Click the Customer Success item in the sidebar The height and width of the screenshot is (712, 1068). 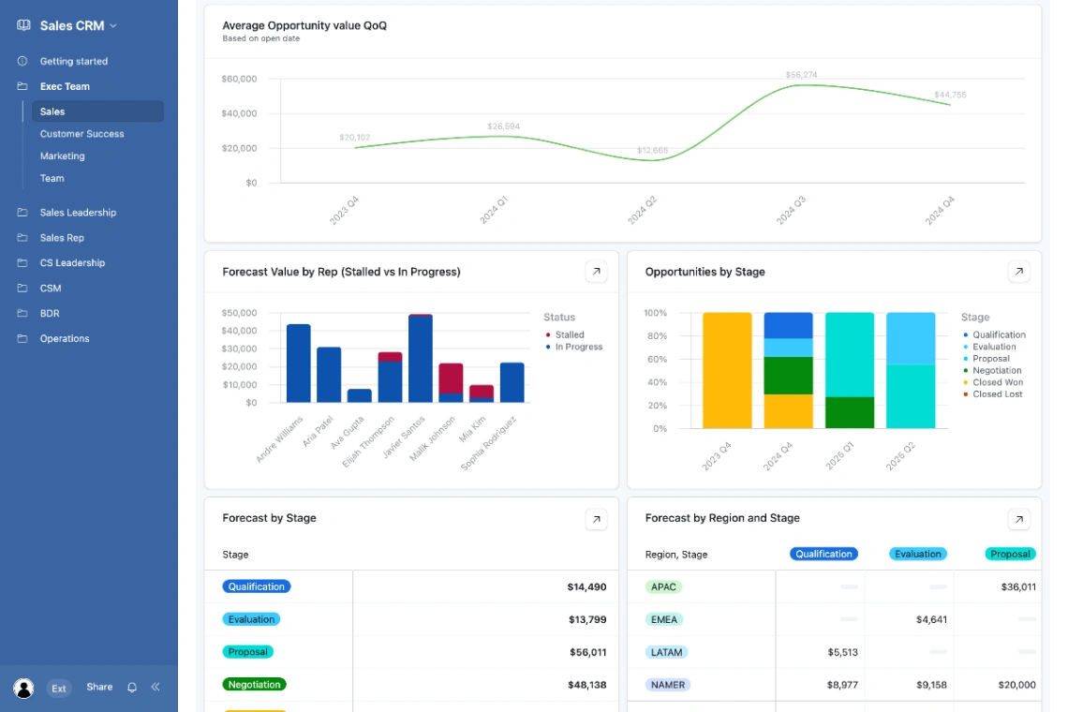coord(82,134)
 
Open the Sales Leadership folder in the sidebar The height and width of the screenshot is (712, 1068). coord(78,213)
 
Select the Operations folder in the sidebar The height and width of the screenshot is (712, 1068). coord(65,338)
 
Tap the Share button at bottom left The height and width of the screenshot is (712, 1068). coord(99,687)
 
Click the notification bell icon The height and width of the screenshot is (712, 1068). coord(132,687)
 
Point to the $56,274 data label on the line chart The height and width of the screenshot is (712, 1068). coord(801,75)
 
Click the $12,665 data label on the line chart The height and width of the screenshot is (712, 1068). coord(652,150)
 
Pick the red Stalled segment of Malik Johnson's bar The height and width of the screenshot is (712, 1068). coord(451,378)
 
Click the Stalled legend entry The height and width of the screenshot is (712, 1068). coord(569,334)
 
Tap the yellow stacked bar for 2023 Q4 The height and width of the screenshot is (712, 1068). coord(727,370)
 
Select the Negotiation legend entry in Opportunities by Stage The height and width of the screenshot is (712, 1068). coord(997,370)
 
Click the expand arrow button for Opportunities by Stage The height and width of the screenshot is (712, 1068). coord(1018,272)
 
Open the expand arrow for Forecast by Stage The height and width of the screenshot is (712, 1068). coord(596,519)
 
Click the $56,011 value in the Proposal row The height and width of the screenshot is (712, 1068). coord(587,652)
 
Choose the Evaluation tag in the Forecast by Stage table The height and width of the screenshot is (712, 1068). coord(251,619)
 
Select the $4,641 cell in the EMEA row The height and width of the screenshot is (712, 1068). coord(931,619)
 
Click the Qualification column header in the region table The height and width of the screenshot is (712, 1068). coord(823,554)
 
